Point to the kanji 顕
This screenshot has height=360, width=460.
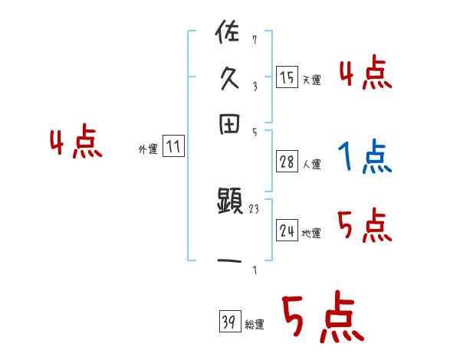point(229,201)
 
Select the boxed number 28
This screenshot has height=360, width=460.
point(287,162)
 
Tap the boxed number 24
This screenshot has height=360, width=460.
point(287,231)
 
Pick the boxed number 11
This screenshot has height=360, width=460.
point(173,148)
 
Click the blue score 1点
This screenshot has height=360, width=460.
point(363,158)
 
